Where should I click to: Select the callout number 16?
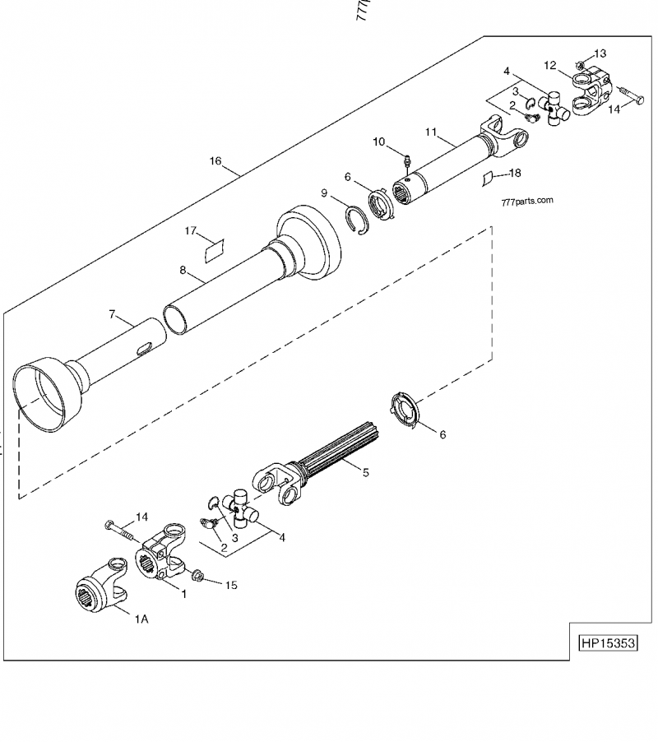[215, 161]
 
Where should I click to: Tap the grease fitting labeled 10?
[406, 156]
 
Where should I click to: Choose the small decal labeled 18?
[486, 177]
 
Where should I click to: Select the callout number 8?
[183, 268]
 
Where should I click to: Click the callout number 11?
[429, 130]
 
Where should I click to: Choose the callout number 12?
[550, 64]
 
